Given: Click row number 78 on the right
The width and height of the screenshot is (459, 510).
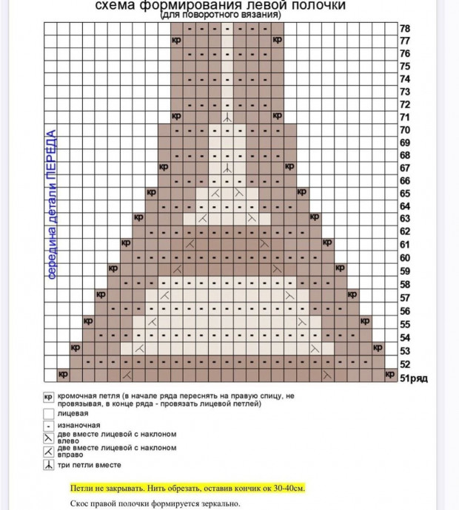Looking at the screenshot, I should (x=405, y=29).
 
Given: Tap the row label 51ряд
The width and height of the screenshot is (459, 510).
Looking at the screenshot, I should (x=413, y=378).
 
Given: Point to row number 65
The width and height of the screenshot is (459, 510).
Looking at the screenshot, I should (x=405, y=193).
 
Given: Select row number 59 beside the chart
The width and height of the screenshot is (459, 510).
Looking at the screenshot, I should (x=405, y=271).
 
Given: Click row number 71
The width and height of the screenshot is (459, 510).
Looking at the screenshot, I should (x=405, y=117).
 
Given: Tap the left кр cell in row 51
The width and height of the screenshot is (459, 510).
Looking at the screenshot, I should (x=63, y=375).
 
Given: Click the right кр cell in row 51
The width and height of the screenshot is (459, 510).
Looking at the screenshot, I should (x=390, y=375).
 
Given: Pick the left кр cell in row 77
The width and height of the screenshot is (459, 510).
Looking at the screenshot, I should (x=176, y=39).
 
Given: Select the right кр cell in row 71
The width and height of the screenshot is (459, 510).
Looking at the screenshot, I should (x=277, y=116).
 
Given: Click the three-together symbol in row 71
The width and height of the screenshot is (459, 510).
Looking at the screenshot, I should (x=227, y=117).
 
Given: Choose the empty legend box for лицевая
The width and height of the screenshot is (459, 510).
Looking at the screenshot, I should (x=48, y=414).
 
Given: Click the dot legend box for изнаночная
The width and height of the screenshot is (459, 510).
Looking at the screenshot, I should (x=48, y=426).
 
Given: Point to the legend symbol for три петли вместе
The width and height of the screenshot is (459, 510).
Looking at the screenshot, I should (x=48, y=465).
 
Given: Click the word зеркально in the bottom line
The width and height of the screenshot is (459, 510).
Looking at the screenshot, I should (x=218, y=503).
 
